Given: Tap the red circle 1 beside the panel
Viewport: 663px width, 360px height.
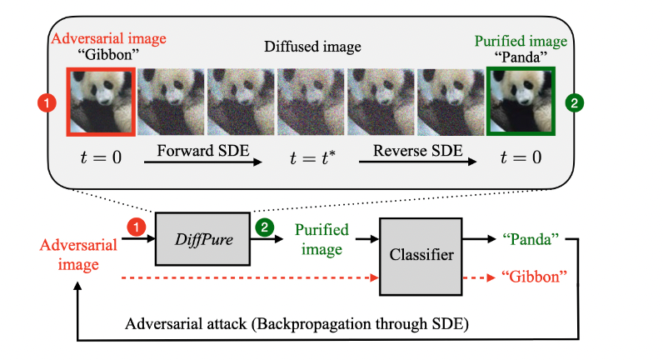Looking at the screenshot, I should click(x=48, y=104).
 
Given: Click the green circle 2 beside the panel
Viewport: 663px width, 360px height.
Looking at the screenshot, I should click(x=574, y=103).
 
